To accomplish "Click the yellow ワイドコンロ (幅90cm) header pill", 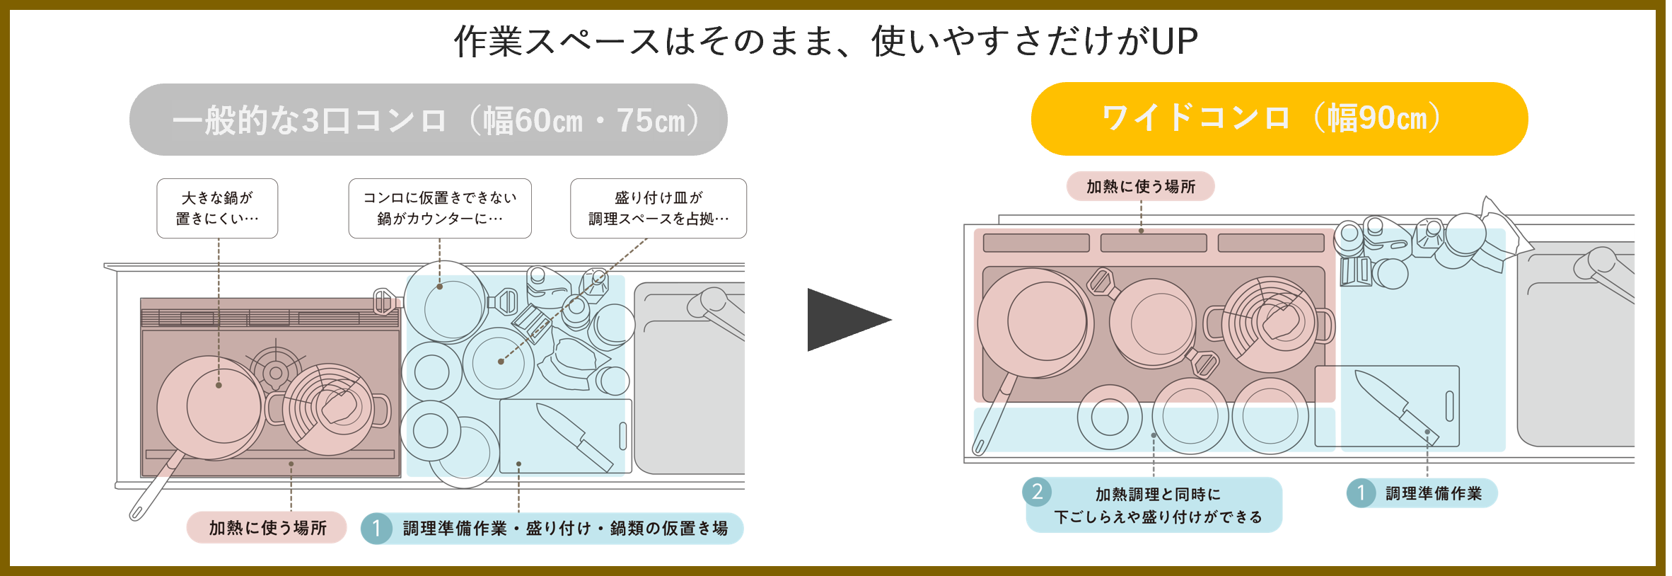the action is (x=1279, y=119).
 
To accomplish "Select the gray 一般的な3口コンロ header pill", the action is (x=428, y=120).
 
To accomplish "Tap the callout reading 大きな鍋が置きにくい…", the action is (x=217, y=208).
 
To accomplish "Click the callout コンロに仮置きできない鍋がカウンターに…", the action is (x=439, y=208).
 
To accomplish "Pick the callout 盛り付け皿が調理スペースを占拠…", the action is (x=658, y=208).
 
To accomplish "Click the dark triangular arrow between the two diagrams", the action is (x=844, y=320).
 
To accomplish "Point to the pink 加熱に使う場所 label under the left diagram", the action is (x=267, y=528).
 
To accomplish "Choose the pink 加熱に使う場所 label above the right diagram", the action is (x=1140, y=186).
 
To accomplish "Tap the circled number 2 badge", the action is (x=1037, y=491).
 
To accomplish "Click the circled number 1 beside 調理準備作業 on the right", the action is (x=1360, y=493).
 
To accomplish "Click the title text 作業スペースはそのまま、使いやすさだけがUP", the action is (x=825, y=41).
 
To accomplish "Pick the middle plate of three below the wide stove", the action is (x=1190, y=416).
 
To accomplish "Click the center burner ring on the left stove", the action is (x=276, y=372).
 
